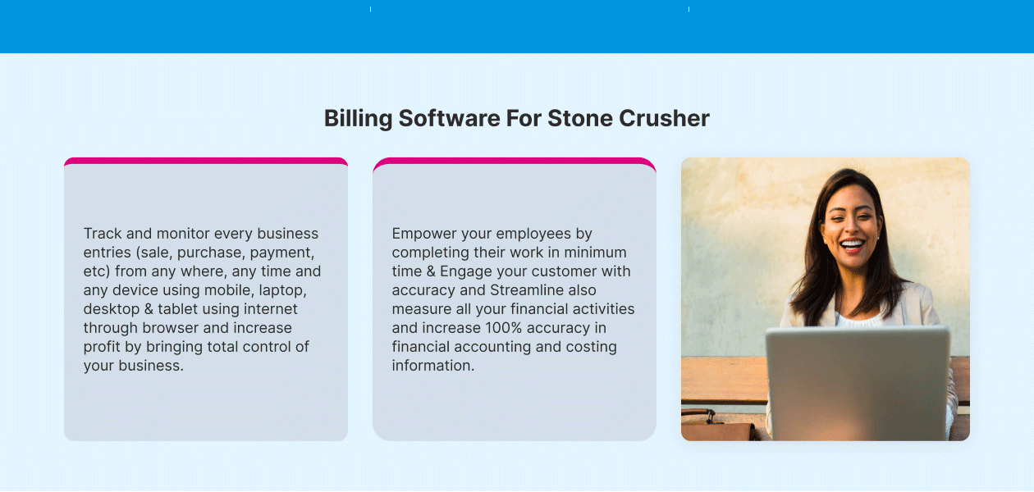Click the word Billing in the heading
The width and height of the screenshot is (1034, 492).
click(358, 119)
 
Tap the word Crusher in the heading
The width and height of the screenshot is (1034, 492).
click(664, 119)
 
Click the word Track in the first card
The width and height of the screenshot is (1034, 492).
click(103, 234)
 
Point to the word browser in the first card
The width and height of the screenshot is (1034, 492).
click(171, 327)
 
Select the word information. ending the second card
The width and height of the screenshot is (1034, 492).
click(433, 365)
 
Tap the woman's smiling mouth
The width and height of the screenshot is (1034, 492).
click(852, 245)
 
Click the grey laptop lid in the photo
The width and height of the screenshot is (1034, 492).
click(858, 383)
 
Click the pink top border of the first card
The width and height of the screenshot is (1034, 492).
click(206, 161)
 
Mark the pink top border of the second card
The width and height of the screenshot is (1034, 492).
click(515, 161)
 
